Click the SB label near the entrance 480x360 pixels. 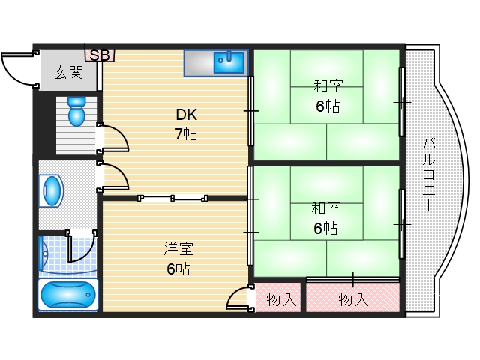pyautogui.click(x=100, y=55)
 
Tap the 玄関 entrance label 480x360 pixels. pyautogui.click(x=68, y=73)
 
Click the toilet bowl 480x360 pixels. pyautogui.click(x=76, y=112)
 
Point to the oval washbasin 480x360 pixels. pyautogui.click(x=52, y=190)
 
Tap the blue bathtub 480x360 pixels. pyautogui.click(x=68, y=295)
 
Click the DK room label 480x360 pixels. pyautogui.click(x=187, y=115)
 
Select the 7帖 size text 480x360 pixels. pyautogui.click(x=187, y=135)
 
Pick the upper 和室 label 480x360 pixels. pyautogui.click(x=327, y=86)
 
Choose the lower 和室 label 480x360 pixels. pyautogui.click(x=327, y=208)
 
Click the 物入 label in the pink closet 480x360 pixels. pyautogui.click(x=353, y=299)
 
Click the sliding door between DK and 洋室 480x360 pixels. pyautogui.click(x=173, y=198)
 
